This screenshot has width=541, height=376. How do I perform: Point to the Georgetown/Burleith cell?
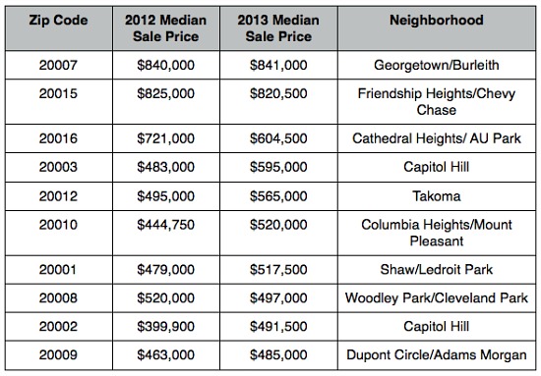pyautogui.click(x=443, y=65)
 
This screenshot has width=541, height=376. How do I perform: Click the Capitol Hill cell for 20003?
pyautogui.click(x=443, y=167)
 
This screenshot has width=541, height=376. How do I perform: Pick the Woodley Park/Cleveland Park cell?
pyautogui.click(x=443, y=297)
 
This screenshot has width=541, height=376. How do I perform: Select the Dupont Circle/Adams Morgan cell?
pyautogui.click(x=443, y=353)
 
